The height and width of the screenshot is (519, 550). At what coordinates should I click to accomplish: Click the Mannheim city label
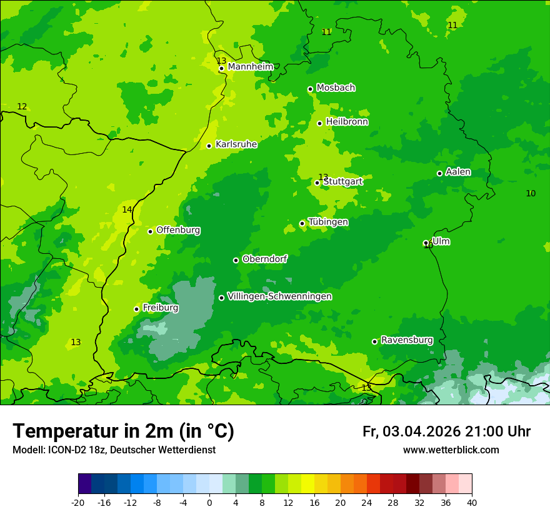(250, 67)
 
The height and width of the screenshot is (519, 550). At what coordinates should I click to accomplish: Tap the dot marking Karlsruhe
(209, 146)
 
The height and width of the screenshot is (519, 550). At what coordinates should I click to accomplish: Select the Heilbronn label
(347, 122)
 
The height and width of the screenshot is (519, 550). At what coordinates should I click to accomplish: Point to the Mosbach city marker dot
(310, 89)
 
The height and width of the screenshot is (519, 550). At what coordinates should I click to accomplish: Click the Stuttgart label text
(342, 181)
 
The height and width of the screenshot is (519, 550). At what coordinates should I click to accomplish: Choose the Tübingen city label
(328, 222)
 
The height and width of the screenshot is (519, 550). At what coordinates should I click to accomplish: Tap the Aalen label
(458, 172)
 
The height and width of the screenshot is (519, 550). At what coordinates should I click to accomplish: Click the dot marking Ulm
(426, 243)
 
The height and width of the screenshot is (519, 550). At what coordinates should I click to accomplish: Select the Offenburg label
(178, 230)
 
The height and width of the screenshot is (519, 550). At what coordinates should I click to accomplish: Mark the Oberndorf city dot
(236, 260)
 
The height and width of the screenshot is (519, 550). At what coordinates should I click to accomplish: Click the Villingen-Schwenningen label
(279, 296)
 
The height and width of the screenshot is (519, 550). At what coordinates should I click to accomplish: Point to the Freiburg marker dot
(136, 309)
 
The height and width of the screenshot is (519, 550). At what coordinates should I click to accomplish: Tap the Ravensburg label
(407, 340)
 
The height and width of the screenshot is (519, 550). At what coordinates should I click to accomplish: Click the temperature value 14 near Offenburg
(127, 209)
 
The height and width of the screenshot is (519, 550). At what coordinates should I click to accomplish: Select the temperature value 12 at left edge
(22, 107)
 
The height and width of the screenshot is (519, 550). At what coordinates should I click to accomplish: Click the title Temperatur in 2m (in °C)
(123, 431)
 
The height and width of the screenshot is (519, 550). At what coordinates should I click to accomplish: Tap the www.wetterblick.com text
(451, 450)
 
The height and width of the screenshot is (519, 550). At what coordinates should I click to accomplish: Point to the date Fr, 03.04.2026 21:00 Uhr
(446, 431)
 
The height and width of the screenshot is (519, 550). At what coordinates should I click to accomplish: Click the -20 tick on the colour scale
(78, 502)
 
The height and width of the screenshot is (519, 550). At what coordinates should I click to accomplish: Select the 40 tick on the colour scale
(472, 502)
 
